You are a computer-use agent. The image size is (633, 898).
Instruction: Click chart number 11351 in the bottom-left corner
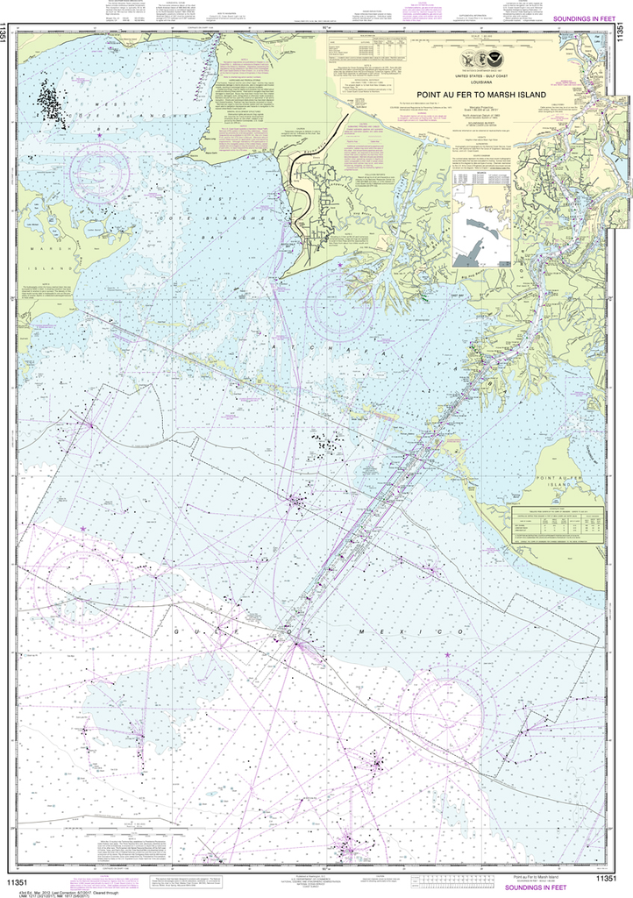[18, 880]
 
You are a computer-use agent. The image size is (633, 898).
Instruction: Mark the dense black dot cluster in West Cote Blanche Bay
[51, 103]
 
